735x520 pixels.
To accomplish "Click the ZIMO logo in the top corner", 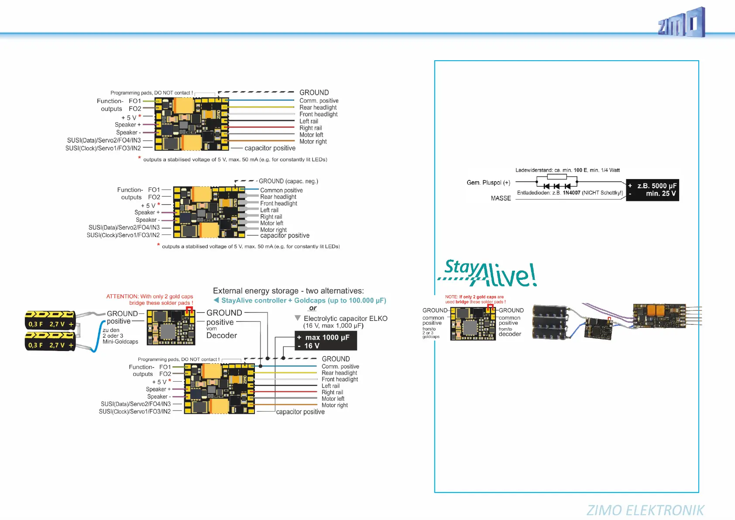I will (681, 23).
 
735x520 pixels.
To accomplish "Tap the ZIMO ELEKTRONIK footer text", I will (645, 510).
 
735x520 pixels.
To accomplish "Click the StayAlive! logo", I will (488, 273).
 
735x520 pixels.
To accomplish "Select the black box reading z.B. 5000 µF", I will (652, 189).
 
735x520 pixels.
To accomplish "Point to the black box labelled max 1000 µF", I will (326, 341).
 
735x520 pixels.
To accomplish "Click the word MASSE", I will (501, 198).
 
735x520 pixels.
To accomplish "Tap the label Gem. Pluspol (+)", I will (488, 183).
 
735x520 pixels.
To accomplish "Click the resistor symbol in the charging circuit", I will (556, 177).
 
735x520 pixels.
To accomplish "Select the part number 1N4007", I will (571, 193).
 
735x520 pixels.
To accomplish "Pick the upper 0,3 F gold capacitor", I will (50, 320).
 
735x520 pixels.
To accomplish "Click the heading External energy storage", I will (288, 291).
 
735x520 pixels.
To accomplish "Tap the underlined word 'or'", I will (313, 308).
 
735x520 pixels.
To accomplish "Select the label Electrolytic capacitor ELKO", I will (345, 319).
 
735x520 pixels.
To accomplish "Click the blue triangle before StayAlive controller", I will (216, 300).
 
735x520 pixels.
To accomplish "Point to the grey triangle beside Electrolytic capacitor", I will (298, 318).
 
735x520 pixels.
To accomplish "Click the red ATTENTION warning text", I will (149, 300).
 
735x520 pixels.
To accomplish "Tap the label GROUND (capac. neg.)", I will (288, 181).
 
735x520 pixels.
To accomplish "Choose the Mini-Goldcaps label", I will (120, 342).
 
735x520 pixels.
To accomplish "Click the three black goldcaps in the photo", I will (550, 322).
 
